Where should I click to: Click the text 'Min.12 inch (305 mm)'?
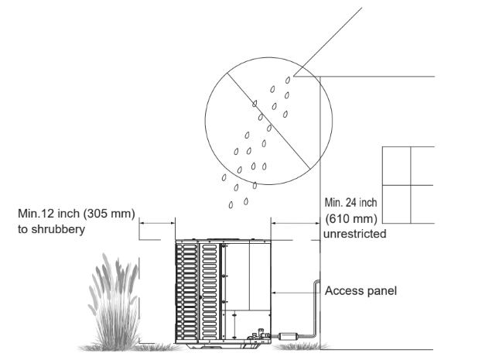point(77,213)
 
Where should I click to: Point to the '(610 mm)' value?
point(352,218)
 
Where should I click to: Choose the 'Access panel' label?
point(361,291)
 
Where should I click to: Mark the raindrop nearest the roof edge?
point(288,77)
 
